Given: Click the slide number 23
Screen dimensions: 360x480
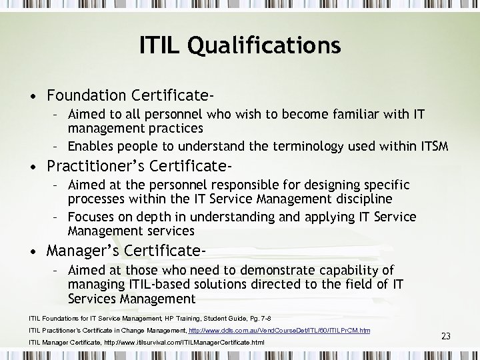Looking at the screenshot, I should [x=445, y=336].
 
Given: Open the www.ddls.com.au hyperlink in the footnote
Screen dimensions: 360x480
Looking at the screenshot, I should [x=280, y=331].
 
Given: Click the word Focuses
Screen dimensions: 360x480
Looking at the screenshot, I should [x=92, y=217].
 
